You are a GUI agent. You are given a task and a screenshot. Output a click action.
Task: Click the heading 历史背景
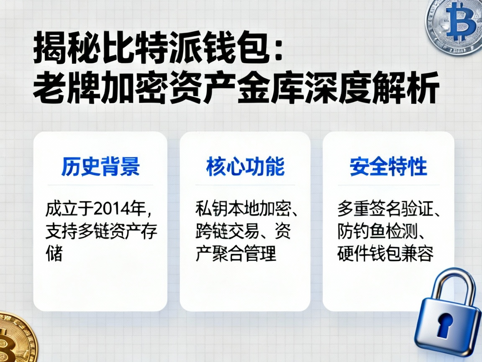[x=100, y=166]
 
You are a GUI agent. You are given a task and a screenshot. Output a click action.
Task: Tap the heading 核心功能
[x=245, y=166]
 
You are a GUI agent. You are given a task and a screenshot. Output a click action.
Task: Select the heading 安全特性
[x=388, y=166]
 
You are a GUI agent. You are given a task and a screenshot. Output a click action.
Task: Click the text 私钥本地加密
[x=243, y=209]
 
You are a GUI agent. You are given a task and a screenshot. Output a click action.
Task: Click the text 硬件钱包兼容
[x=385, y=254]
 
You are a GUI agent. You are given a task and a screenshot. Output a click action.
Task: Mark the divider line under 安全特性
[x=388, y=185]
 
